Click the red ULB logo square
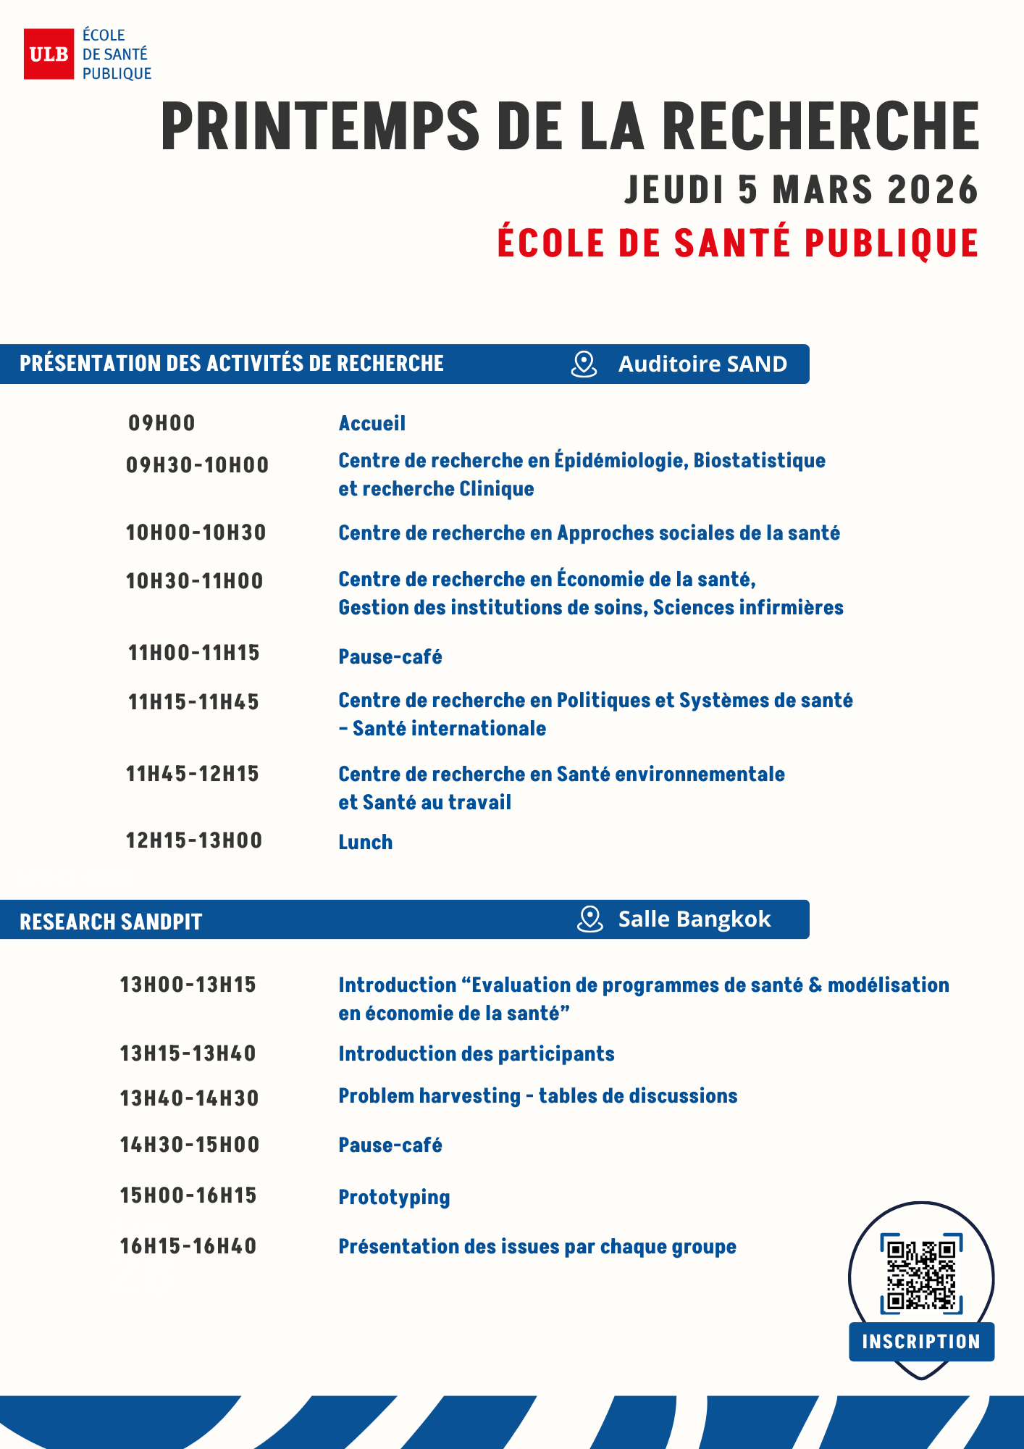click(49, 54)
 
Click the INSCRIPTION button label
click(921, 1342)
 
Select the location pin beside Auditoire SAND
click(584, 364)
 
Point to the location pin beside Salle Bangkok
click(589, 919)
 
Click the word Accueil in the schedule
click(372, 424)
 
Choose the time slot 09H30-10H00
click(197, 465)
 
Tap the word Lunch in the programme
click(365, 842)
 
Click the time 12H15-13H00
click(194, 840)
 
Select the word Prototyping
click(394, 1198)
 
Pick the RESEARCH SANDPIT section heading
click(111, 922)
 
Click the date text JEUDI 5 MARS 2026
click(801, 190)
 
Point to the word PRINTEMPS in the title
click(320, 126)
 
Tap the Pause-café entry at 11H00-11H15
click(390, 657)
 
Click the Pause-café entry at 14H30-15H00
click(390, 1145)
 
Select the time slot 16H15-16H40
click(188, 1246)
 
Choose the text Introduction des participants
click(477, 1054)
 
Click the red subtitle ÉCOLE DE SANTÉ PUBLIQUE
click(737, 243)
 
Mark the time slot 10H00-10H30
click(196, 533)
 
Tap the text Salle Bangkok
click(694, 919)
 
